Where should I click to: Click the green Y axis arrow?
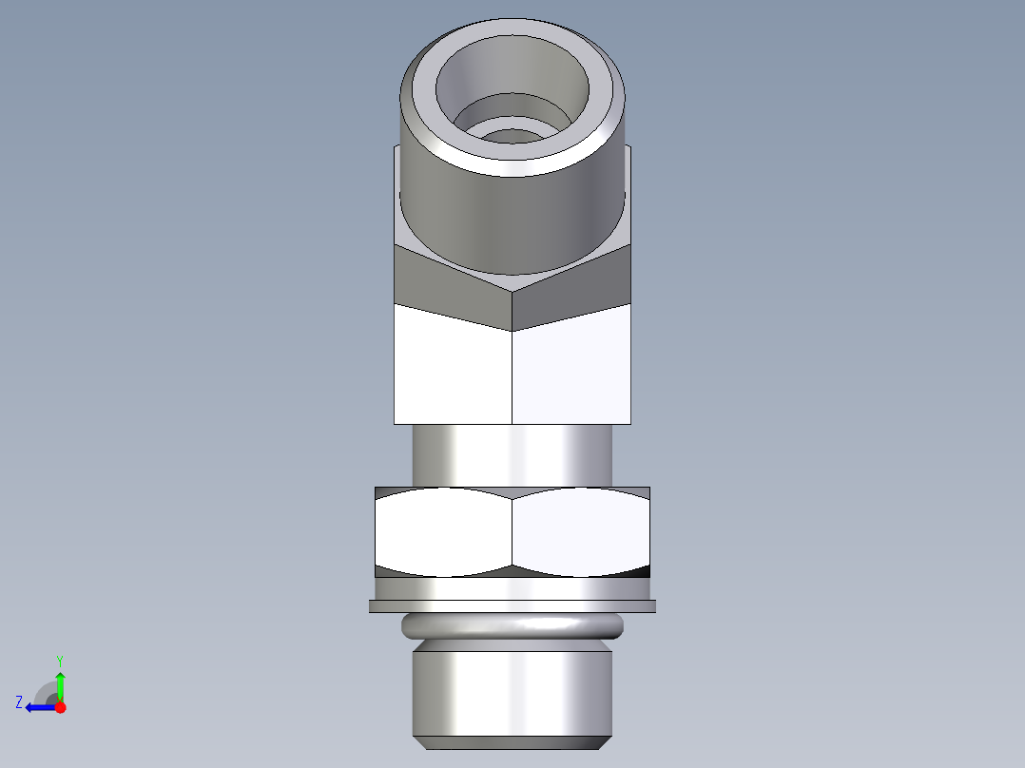[60, 684]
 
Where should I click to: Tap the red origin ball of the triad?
[60, 707]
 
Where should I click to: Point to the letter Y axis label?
[59, 660]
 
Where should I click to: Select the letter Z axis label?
[19, 702]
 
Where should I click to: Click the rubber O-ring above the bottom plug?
[512, 625]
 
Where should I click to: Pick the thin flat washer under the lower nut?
[512, 606]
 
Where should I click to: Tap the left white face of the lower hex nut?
[443, 532]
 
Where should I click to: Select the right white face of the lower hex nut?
[580, 532]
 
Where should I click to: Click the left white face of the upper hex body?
[453, 371]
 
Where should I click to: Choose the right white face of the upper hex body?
[571, 371]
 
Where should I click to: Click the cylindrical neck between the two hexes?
[512, 454]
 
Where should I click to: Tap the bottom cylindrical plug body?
[512, 689]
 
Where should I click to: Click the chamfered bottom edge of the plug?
[512, 741]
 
